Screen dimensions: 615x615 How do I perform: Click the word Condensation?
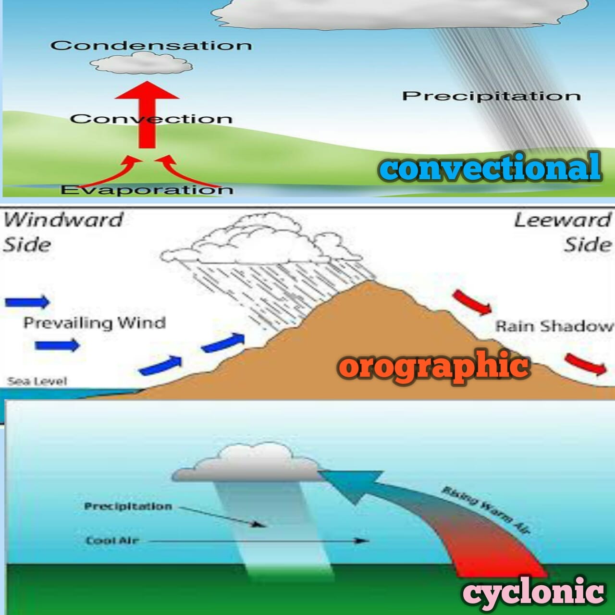tap(151, 45)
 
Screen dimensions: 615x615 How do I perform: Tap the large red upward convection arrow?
tap(147, 114)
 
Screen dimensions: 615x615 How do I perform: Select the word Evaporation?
tap(147, 189)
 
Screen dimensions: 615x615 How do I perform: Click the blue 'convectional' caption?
tap(490, 167)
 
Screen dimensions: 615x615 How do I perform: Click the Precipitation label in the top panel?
tap(491, 96)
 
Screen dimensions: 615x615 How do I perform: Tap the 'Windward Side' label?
tap(62, 232)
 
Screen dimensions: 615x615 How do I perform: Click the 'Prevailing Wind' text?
tap(95, 323)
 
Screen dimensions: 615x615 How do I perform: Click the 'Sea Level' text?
tap(37, 381)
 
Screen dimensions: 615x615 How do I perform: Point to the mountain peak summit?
tap(369, 282)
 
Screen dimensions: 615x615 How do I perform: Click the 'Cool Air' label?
tap(112, 541)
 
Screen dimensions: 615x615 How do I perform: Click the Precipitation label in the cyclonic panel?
tap(128, 506)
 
